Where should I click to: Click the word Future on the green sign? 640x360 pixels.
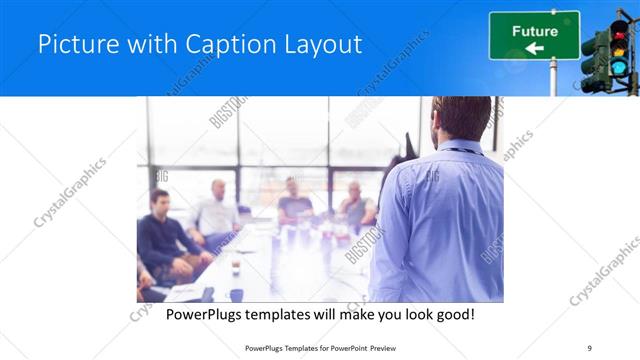[x=535, y=31]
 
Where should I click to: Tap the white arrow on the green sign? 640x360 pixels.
[x=534, y=48]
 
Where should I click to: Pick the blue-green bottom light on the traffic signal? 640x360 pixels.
[x=619, y=67]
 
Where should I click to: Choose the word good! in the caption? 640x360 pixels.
[x=453, y=315]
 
